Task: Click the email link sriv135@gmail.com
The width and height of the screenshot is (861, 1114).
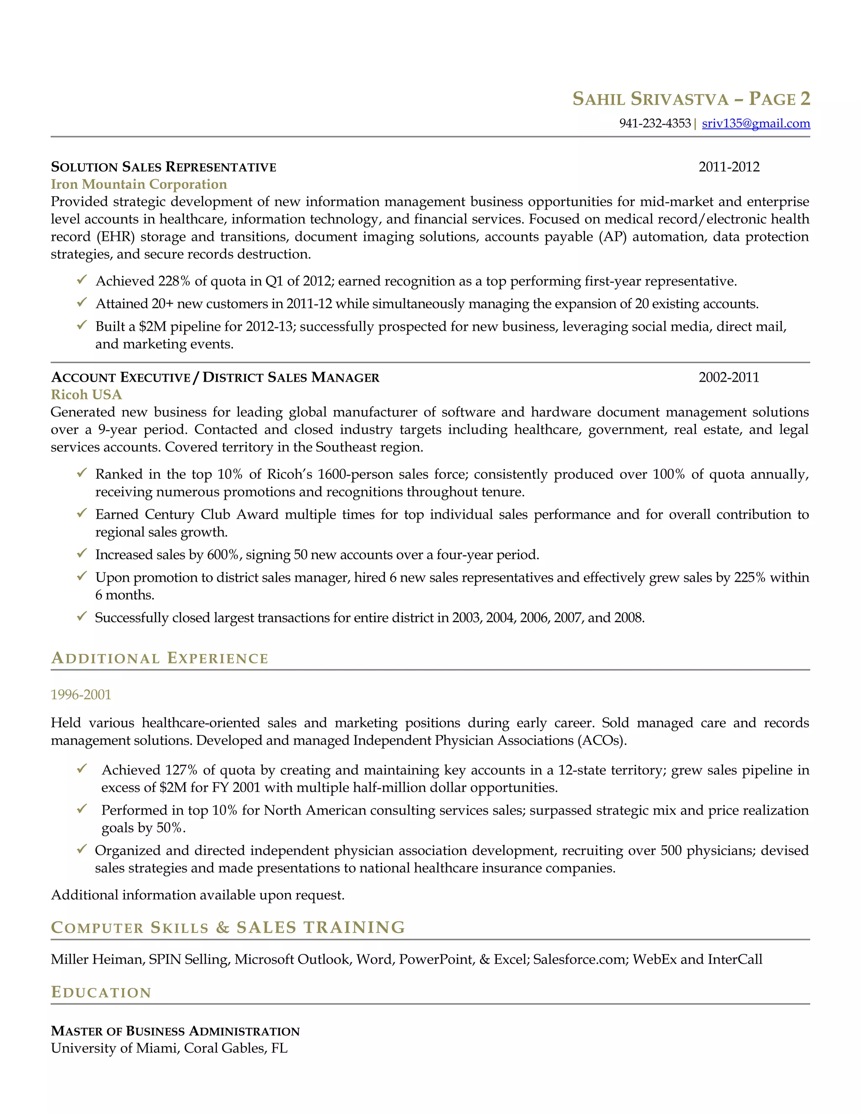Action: point(755,124)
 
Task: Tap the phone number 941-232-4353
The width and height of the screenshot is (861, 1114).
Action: point(655,124)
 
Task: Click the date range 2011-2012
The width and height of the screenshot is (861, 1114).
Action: point(729,167)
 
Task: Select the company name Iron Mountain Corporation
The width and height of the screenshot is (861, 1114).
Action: point(139,184)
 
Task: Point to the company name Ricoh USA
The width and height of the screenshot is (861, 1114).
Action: point(86,394)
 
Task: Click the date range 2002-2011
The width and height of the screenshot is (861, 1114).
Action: point(729,377)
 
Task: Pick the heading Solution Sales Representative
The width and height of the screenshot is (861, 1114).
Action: point(163,167)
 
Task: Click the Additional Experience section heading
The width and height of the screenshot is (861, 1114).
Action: point(159,658)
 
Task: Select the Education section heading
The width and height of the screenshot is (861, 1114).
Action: point(101,992)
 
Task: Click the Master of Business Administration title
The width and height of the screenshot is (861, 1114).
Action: point(175,1031)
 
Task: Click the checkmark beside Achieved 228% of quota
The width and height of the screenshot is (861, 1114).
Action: point(82,280)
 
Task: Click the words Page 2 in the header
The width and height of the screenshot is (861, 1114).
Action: point(779,98)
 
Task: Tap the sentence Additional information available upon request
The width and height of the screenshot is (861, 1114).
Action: point(198,895)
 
